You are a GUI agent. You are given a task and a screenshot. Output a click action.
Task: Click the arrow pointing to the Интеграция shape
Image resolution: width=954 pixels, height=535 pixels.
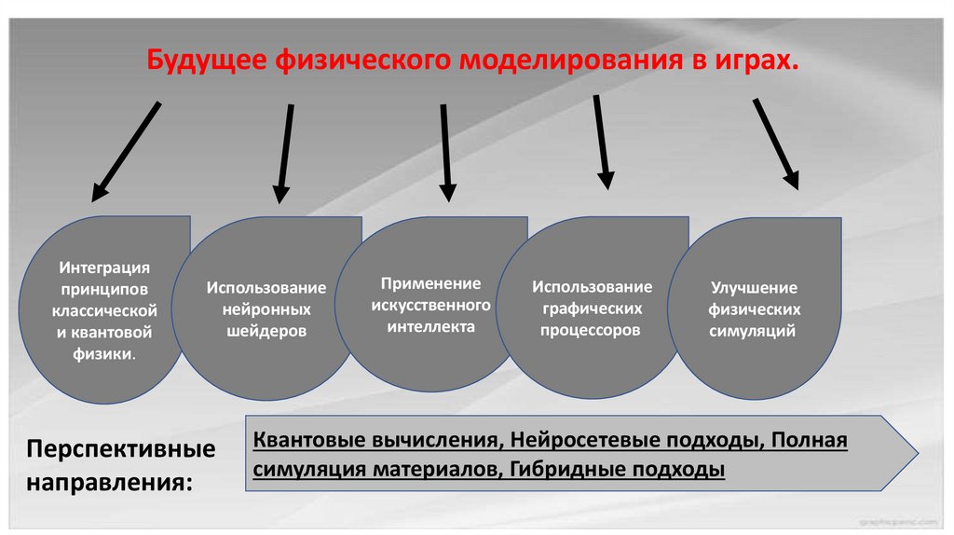tap(126, 151)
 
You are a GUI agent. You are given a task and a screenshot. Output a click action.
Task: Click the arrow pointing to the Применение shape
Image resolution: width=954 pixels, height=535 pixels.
tap(446, 151)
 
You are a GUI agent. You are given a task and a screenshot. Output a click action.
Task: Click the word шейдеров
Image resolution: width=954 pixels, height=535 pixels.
tap(266, 331)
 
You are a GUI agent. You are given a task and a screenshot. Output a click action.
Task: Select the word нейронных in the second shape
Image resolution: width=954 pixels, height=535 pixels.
tap(266, 309)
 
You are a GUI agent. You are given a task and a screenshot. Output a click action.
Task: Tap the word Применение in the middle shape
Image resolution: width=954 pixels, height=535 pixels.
tap(430, 282)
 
